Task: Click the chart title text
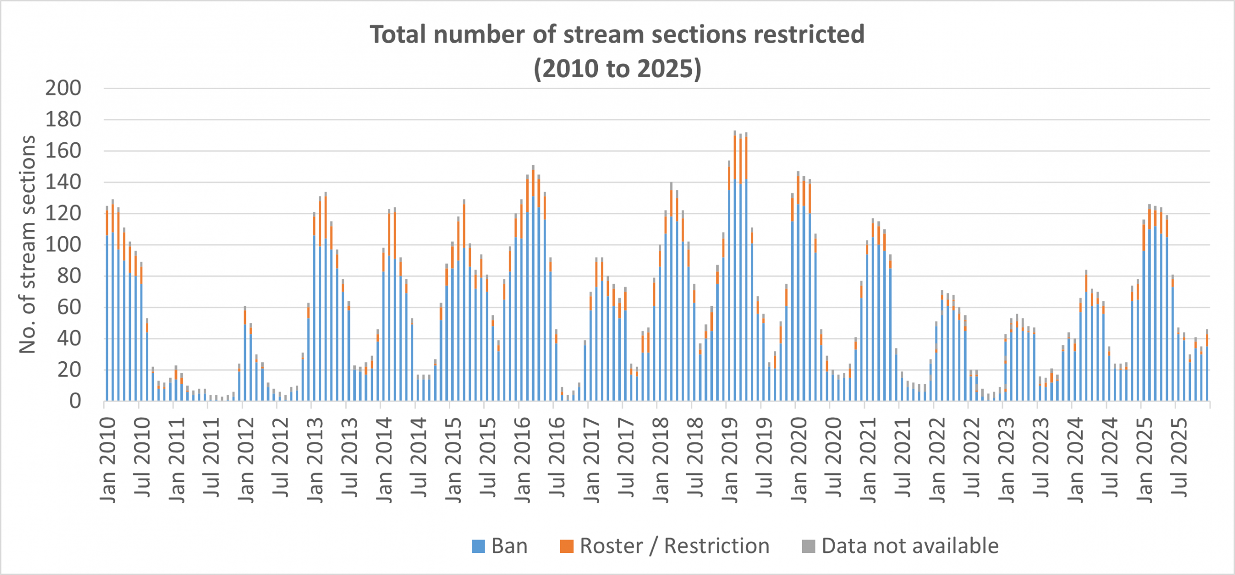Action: click(617, 51)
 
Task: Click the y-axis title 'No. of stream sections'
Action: click(27, 244)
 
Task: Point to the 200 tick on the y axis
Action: click(63, 88)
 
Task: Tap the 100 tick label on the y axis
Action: click(63, 245)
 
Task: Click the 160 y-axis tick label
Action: click(63, 151)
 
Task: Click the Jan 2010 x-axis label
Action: click(108, 460)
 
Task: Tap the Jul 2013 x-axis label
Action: click(350, 458)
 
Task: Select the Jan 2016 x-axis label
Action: click(523, 460)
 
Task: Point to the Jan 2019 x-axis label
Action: click(730, 460)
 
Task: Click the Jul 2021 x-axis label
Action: click(903, 458)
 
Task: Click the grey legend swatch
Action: click(808, 546)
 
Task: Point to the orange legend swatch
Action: click(566, 546)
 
